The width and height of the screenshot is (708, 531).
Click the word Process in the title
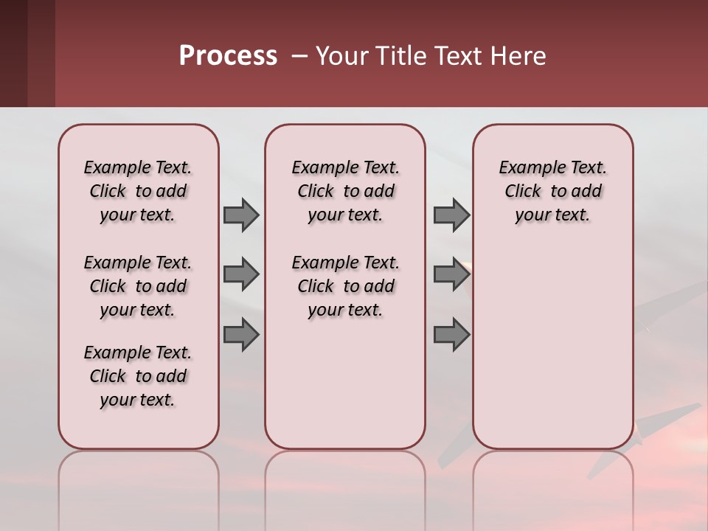(x=228, y=56)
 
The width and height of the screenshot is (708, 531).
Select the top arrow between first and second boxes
(x=241, y=215)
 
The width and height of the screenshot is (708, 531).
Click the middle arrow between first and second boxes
(x=241, y=274)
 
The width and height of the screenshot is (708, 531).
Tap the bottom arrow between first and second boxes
(x=241, y=334)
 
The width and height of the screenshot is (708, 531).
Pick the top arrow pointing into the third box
(x=451, y=215)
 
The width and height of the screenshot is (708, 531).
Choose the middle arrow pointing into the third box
(x=451, y=274)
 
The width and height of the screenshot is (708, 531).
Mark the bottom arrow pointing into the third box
(x=451, y=334)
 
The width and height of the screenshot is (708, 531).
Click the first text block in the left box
(x=138, y=191)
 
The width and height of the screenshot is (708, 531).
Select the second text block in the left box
(x=138, y=286)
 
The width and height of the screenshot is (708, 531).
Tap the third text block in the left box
(x=138, y=376)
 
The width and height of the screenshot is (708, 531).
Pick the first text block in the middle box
(x=345, y=191)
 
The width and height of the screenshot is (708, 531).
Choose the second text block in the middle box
(x=345, y=286)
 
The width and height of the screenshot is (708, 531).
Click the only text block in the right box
(x=552, y=191)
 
